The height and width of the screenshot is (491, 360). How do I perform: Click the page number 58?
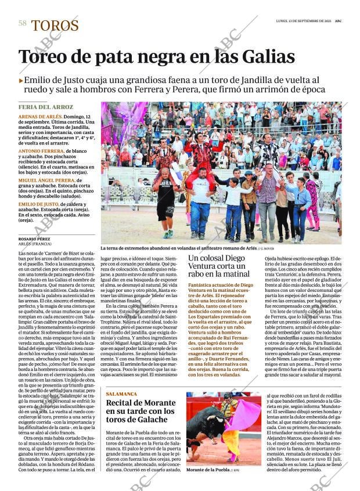[22, 23]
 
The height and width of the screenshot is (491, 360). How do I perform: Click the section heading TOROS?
[55, 26]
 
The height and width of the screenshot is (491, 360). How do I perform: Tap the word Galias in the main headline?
[263, 57]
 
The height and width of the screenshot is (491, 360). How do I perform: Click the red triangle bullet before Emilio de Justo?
[21, 81]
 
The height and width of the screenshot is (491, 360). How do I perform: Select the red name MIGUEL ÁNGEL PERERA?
[46, 180]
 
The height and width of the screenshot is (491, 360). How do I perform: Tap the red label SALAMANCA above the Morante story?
[122, 394]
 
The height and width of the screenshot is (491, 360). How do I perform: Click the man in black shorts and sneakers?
[165, 200]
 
